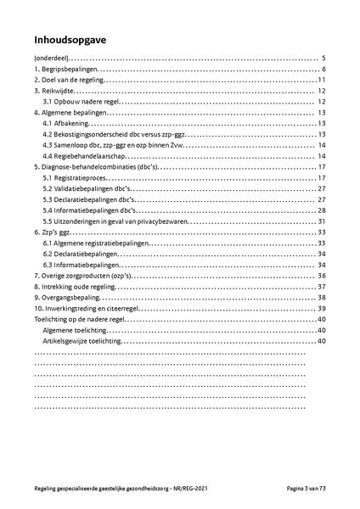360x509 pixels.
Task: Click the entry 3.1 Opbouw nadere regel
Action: click(x=80, y=101)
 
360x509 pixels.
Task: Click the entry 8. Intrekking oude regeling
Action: click(x=76, y=287)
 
